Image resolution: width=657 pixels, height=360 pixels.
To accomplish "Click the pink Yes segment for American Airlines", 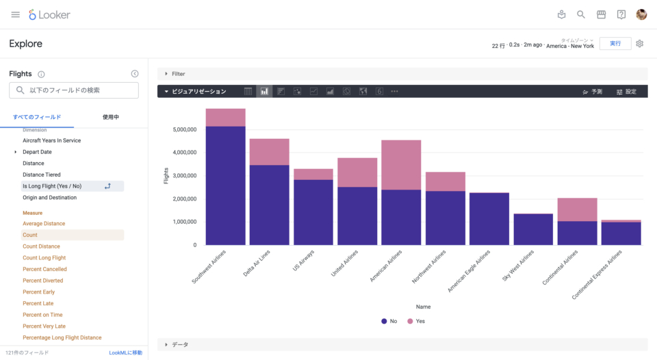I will coord(401,164).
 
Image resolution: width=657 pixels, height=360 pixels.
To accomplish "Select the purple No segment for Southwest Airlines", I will coord(225,185).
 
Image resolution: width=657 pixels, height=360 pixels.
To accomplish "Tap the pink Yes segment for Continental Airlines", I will coord(578,209).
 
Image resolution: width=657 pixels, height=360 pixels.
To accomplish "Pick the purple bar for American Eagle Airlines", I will coord(489,218).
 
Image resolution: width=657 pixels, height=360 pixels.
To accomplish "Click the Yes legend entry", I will coord(416,321).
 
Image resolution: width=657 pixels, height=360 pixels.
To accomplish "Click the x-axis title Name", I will coord(423,307).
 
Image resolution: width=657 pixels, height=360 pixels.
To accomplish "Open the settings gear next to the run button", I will coord(640,44).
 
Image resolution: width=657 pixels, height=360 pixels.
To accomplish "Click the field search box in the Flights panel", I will coord(74,90).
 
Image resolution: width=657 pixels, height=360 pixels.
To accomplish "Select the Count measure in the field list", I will coord(30,235).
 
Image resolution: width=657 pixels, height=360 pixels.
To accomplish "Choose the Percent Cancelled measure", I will coord(44,269).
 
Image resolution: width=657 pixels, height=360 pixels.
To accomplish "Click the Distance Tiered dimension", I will coord(41,175).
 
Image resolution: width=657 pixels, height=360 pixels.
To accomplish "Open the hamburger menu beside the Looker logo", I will coord(15,14).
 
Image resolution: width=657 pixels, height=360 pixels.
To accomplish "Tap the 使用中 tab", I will coord(111,117).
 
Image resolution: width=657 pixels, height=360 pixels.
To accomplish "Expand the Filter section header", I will coord(178,74).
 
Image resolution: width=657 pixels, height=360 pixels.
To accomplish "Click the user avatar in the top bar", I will coord(641,14).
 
